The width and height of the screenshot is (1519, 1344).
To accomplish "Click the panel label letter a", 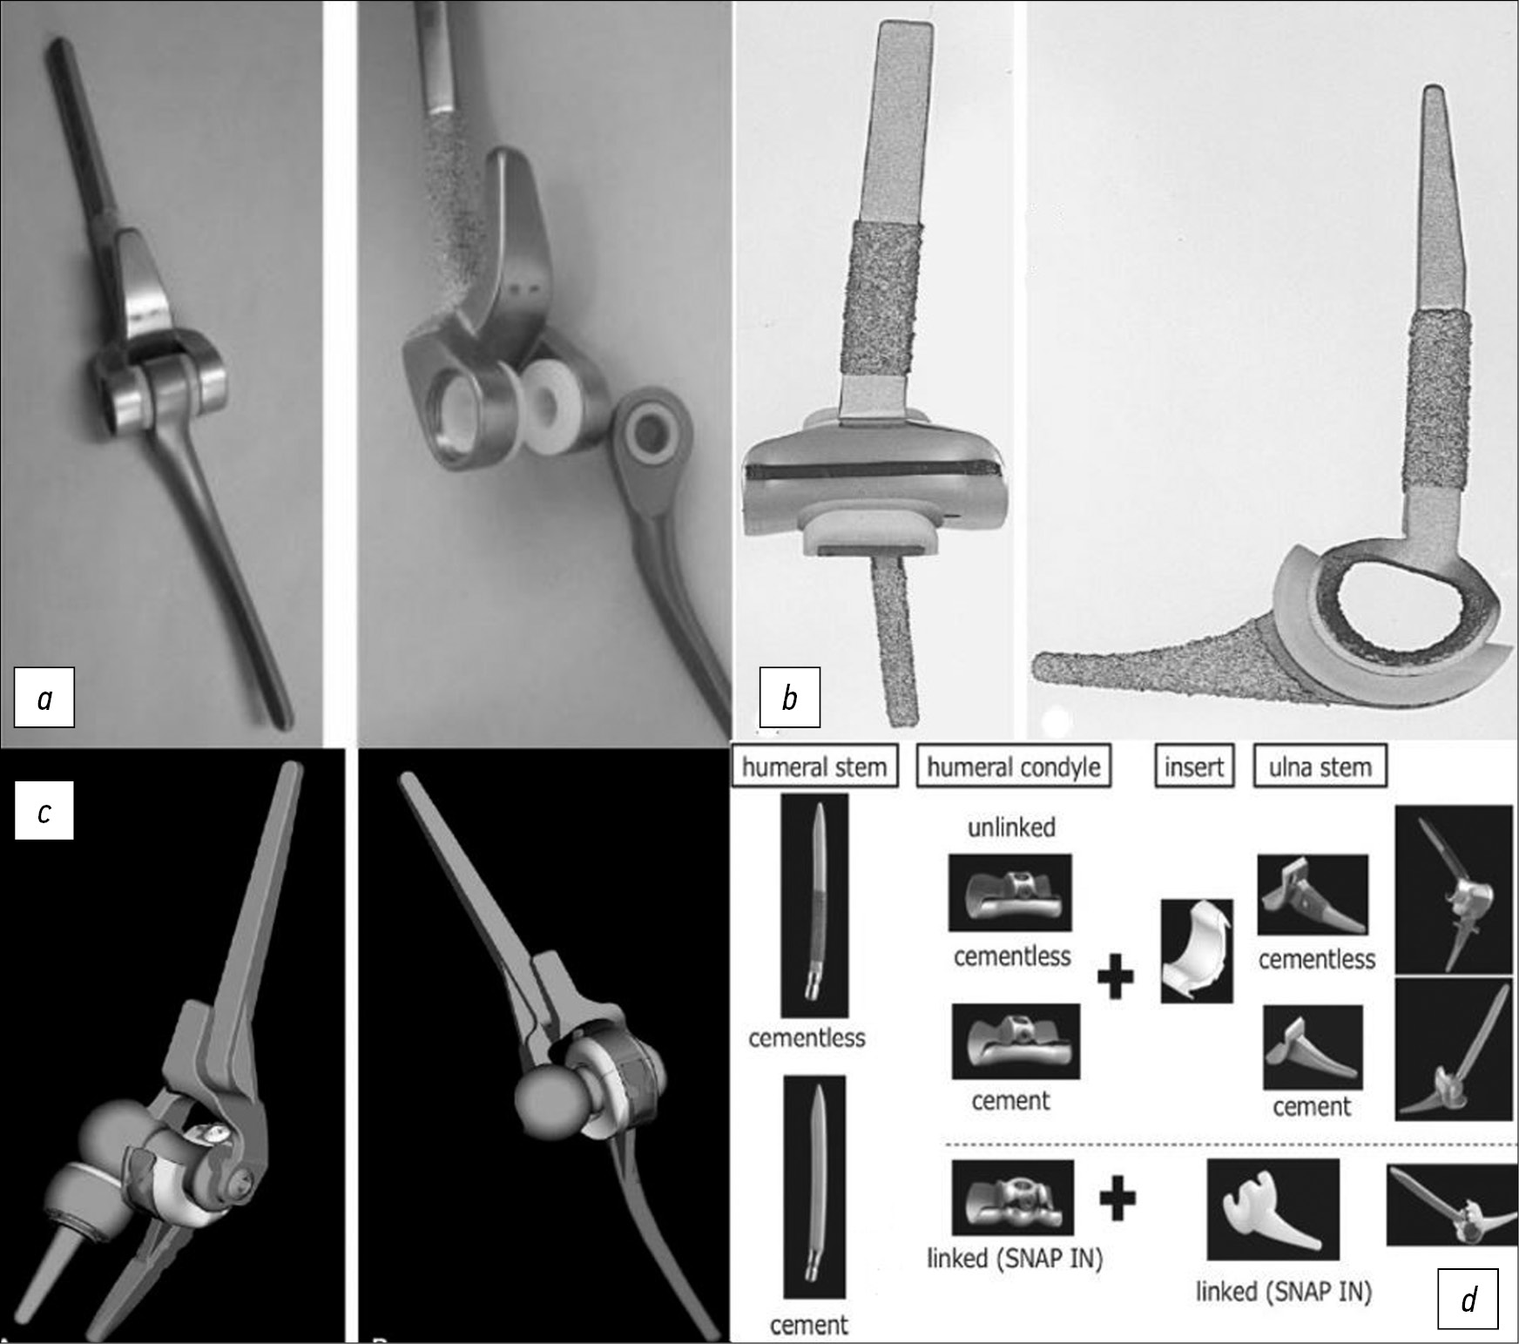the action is (x=44, y=698).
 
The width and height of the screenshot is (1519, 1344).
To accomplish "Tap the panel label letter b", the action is (x=790, y=697).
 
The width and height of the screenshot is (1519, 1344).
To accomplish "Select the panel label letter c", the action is (x=44, y=811).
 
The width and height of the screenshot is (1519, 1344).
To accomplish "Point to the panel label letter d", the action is (x=1468, y=1299).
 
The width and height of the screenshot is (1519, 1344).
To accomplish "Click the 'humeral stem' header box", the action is (x=814, y=767).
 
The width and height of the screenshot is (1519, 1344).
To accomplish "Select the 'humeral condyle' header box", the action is (x=1014, y=767).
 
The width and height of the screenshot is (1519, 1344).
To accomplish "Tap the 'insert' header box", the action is (x=1194, y=767).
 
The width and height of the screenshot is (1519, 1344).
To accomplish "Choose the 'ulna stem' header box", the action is (x=1320, y=767).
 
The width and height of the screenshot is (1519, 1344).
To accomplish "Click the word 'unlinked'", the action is (x=1011, y=827).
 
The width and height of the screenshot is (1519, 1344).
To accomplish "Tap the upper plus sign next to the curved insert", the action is (x=1115, y=976).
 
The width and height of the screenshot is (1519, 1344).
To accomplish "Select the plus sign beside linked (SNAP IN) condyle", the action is (x=1117, y=1200).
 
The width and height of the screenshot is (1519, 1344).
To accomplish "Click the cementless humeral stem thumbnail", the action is (x=814, y=905).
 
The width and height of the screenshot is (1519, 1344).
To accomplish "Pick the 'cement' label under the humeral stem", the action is (x=809, y=1325).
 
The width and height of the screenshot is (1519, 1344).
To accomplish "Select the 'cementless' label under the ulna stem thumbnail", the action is (x=1317, y=959).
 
